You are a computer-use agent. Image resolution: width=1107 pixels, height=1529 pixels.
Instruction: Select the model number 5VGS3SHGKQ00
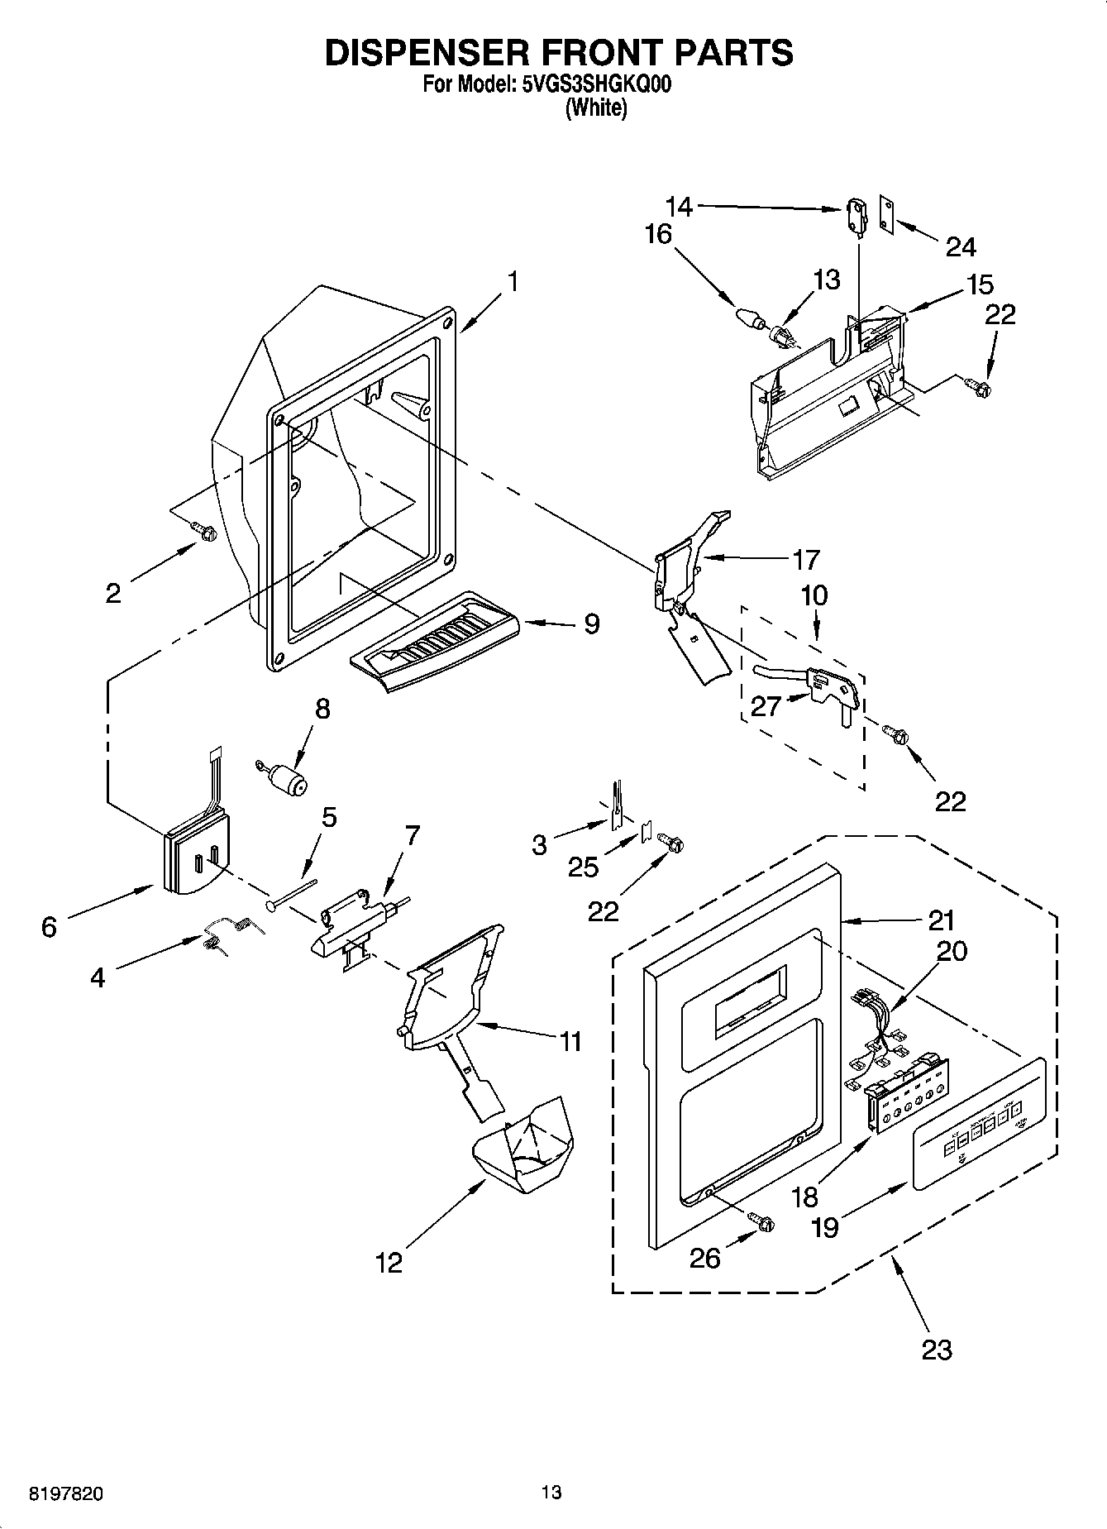[592, 84]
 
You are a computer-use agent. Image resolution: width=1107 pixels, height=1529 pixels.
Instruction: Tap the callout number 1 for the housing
[513, 282]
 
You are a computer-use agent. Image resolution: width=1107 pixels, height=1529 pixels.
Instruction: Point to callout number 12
[389, 1263]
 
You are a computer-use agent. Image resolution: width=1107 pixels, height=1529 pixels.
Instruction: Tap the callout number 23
[936, 1350]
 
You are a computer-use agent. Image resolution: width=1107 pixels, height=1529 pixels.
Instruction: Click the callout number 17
[805, 560]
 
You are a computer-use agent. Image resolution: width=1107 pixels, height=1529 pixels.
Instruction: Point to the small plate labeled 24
[887, 217]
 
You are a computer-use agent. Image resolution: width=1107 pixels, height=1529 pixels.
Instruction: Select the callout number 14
[679, 206]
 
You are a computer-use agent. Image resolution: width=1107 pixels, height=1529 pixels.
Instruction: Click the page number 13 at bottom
[551, 1493]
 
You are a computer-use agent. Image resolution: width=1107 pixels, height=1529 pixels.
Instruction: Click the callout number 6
[50, 927]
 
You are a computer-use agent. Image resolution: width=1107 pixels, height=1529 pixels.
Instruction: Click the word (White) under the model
[595, 108]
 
